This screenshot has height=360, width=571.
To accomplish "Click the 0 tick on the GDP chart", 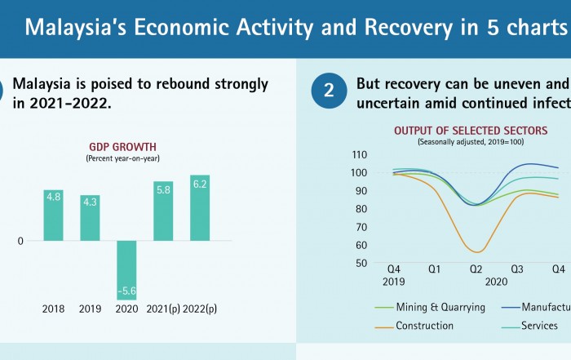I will point(20,242).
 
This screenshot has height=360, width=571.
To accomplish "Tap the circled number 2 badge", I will point(329,91).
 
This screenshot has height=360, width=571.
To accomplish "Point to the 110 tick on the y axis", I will point(359,154).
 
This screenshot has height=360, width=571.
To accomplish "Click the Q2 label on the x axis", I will point(476,269).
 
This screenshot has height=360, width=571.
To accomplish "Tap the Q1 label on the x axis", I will point(435,269).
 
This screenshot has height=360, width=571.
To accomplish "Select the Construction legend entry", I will point(424,326).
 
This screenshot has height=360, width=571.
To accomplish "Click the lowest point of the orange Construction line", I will point(477,252).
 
